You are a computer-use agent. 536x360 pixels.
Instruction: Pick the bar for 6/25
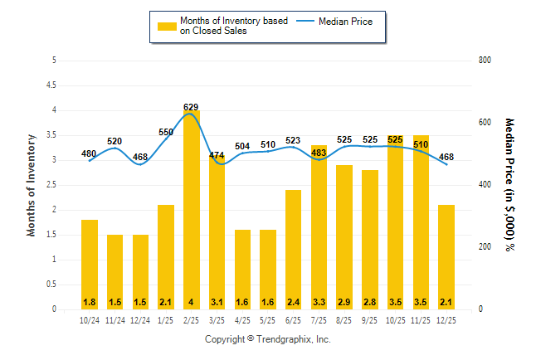tap(293, 249)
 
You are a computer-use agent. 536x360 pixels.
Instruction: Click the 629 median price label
tap(191, 107)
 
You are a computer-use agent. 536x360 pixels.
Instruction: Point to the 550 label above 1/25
tap(165, 133)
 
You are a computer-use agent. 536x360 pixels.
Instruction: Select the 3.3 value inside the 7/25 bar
tap(319, 301)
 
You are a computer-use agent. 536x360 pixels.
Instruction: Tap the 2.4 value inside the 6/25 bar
tap(293, 301)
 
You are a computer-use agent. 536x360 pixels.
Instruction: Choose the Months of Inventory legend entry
tap(224, 26)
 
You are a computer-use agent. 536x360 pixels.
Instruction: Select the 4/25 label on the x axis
tap(242, 320)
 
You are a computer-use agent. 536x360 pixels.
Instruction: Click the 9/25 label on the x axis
tap(369, 320)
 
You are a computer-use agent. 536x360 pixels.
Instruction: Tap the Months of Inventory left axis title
tap(32, 185)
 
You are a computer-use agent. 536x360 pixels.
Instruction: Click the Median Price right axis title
tap(509, 184)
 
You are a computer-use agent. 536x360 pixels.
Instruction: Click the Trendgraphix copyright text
tap(268, 340)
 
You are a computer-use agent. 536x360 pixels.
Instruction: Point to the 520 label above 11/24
tap(115, 141)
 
